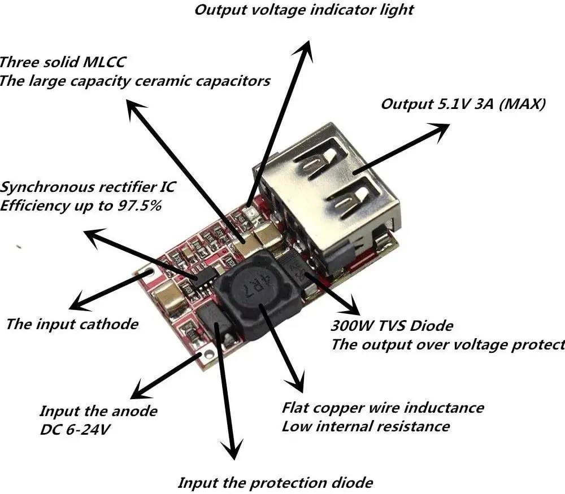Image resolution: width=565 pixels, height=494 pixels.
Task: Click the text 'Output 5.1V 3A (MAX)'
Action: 463,104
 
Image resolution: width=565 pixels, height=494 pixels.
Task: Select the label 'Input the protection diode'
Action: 275,483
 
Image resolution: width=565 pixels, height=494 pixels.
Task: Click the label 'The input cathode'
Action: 72,324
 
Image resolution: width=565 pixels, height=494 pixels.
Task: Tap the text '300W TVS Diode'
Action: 392,326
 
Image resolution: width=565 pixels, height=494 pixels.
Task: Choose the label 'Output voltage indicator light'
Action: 304,10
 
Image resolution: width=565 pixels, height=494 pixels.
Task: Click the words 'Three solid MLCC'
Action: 62,62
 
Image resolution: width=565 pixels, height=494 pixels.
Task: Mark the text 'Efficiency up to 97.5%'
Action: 81,205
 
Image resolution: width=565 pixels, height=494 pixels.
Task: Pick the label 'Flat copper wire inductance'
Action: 383,407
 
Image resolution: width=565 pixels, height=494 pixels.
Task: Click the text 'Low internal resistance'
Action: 366,426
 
